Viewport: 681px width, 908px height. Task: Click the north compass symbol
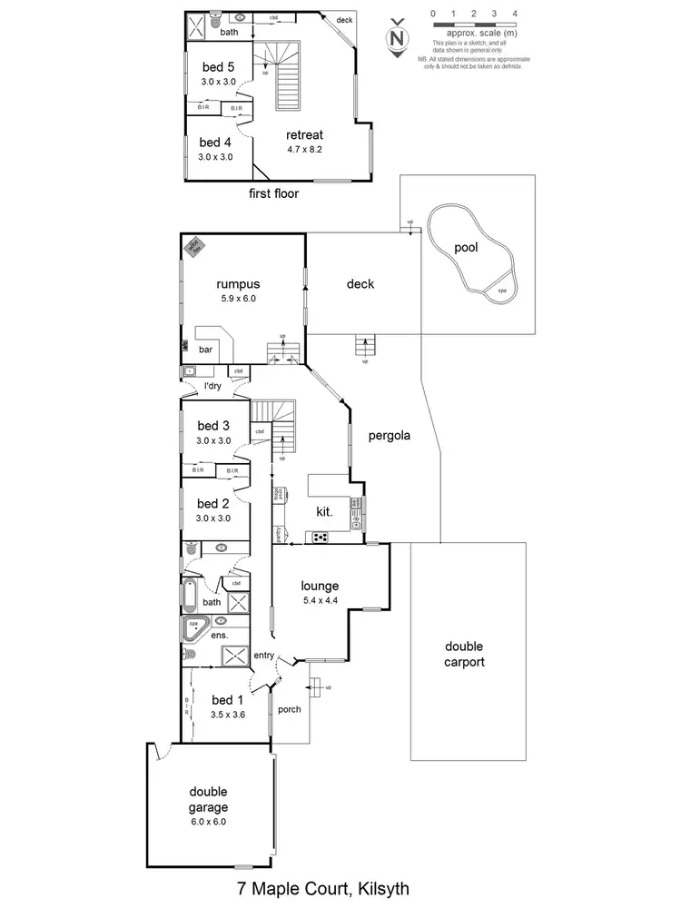396,37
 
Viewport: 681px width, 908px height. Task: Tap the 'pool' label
466,247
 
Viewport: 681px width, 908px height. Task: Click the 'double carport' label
464,654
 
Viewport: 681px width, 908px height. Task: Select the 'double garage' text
208,799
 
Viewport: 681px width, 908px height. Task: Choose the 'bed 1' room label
227,699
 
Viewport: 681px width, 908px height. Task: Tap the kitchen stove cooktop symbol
321,537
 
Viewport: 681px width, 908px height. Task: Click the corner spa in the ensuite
193,626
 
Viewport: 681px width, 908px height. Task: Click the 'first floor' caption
273,193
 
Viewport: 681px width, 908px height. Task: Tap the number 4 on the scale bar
515,15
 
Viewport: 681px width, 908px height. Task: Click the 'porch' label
289,709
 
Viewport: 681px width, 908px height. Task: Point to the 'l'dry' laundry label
212,386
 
